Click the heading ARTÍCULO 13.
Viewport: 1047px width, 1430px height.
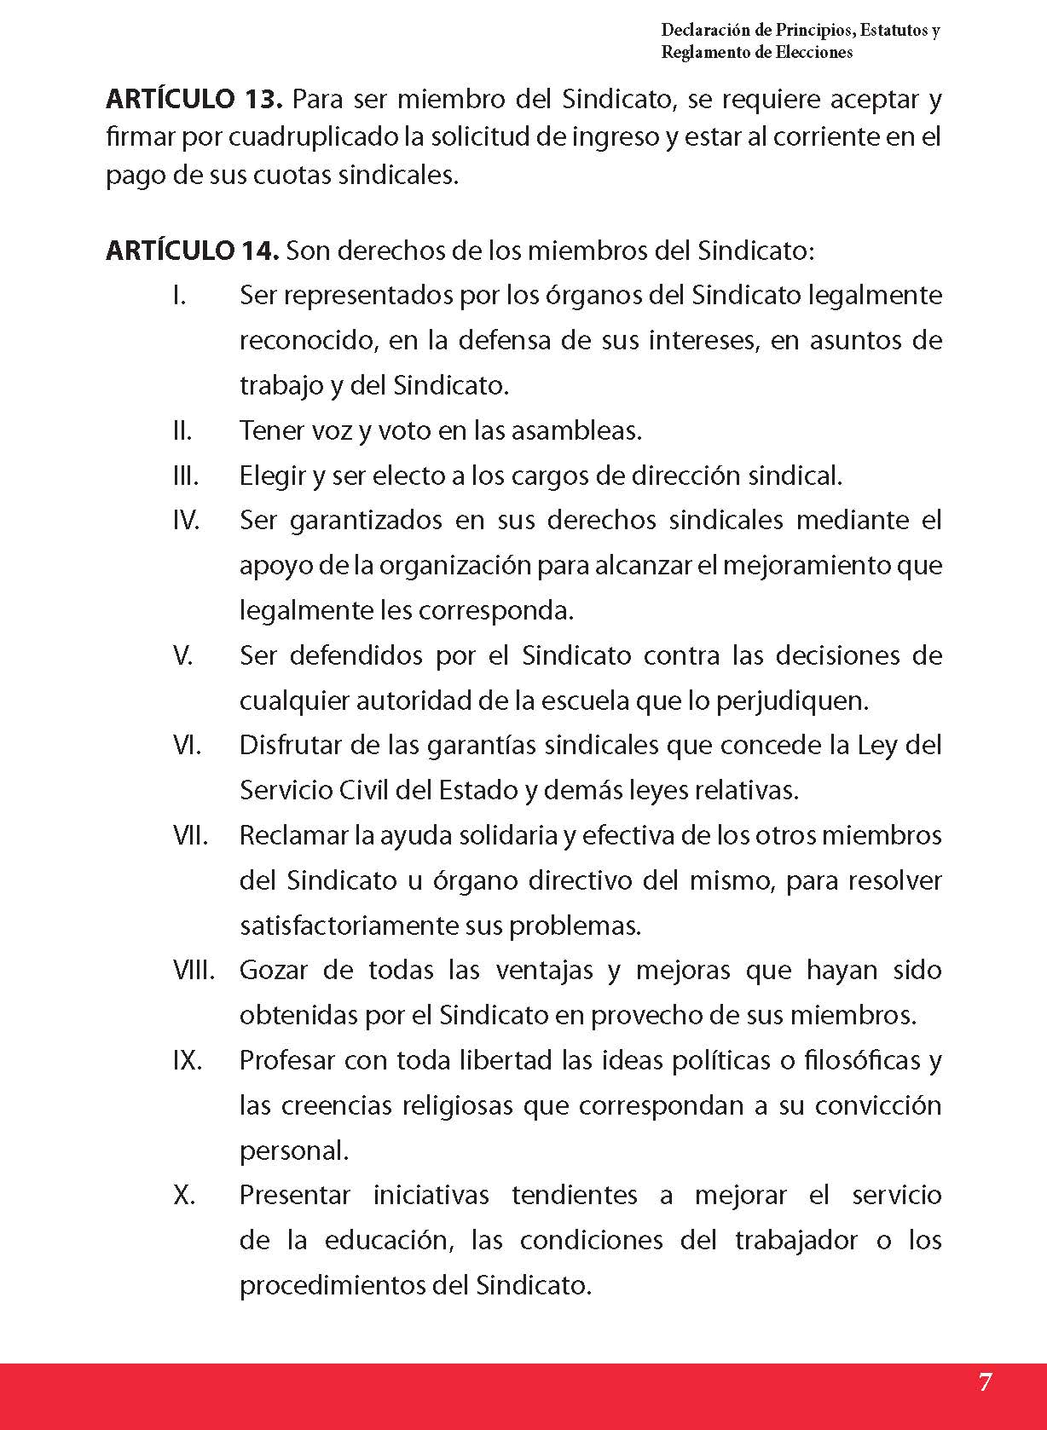click(194, 101)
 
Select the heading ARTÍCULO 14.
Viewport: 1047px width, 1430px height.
click(193, 251)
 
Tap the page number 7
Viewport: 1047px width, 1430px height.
click(985, 1381)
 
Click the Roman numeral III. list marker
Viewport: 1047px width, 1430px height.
click(185, 476)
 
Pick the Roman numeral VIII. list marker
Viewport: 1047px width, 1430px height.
click(194, 970)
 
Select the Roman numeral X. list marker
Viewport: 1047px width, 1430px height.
click(183, 1195)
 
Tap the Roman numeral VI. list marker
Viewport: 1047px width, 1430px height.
click(187, 746)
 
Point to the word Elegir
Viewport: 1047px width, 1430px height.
click(272, 476)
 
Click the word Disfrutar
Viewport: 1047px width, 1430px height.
click(295, 746)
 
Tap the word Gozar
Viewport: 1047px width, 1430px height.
click(274, 970)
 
